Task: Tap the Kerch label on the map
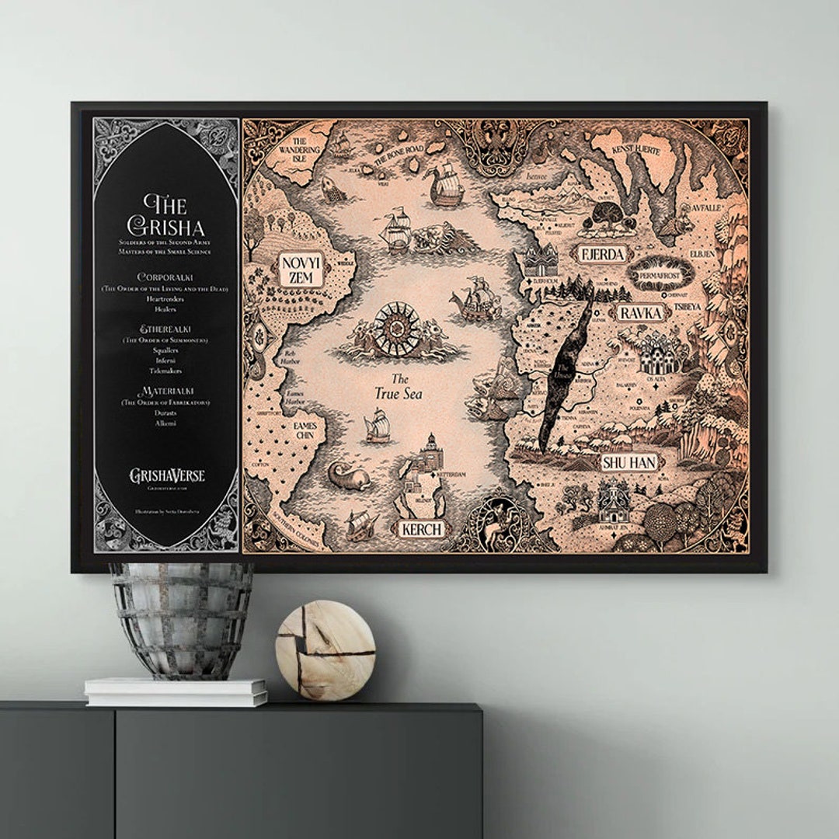pos(422,529)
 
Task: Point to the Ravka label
pos(642,313)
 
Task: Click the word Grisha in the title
pos(165,227)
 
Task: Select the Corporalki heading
pos(165,277)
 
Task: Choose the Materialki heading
pos(165,391)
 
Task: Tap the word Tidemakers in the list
pos(165,371)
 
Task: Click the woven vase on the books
pos(181,620)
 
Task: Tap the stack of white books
pos(176,691)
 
